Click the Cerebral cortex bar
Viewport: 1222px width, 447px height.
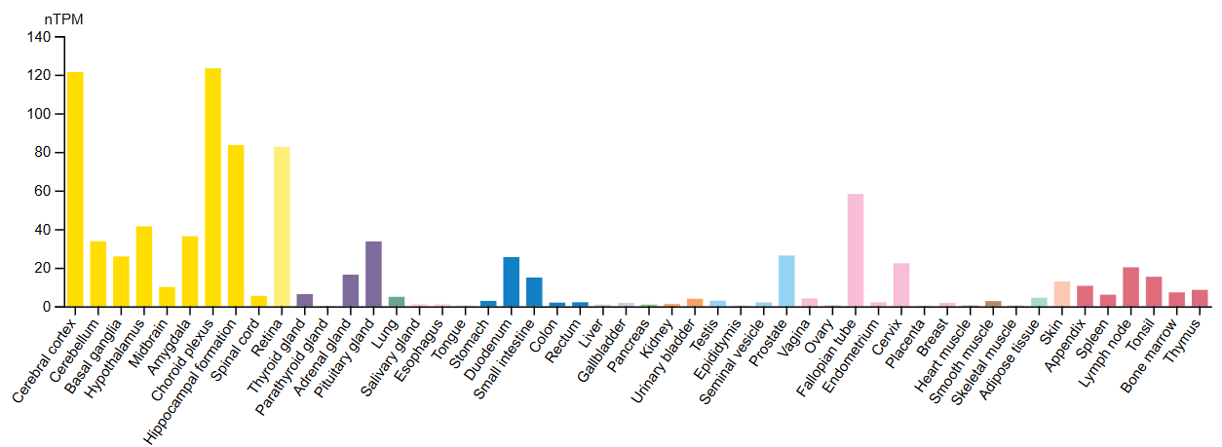click(75, 190)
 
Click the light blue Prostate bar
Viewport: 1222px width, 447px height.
click(786, 281)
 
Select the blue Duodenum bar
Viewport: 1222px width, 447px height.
click(511, 282)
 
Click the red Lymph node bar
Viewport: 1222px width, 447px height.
click(1130, 287)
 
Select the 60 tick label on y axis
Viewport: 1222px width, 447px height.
click(42, 192)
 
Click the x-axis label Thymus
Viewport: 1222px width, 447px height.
click(1188, 335)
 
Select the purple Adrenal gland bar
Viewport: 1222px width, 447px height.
click(351, 291)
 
